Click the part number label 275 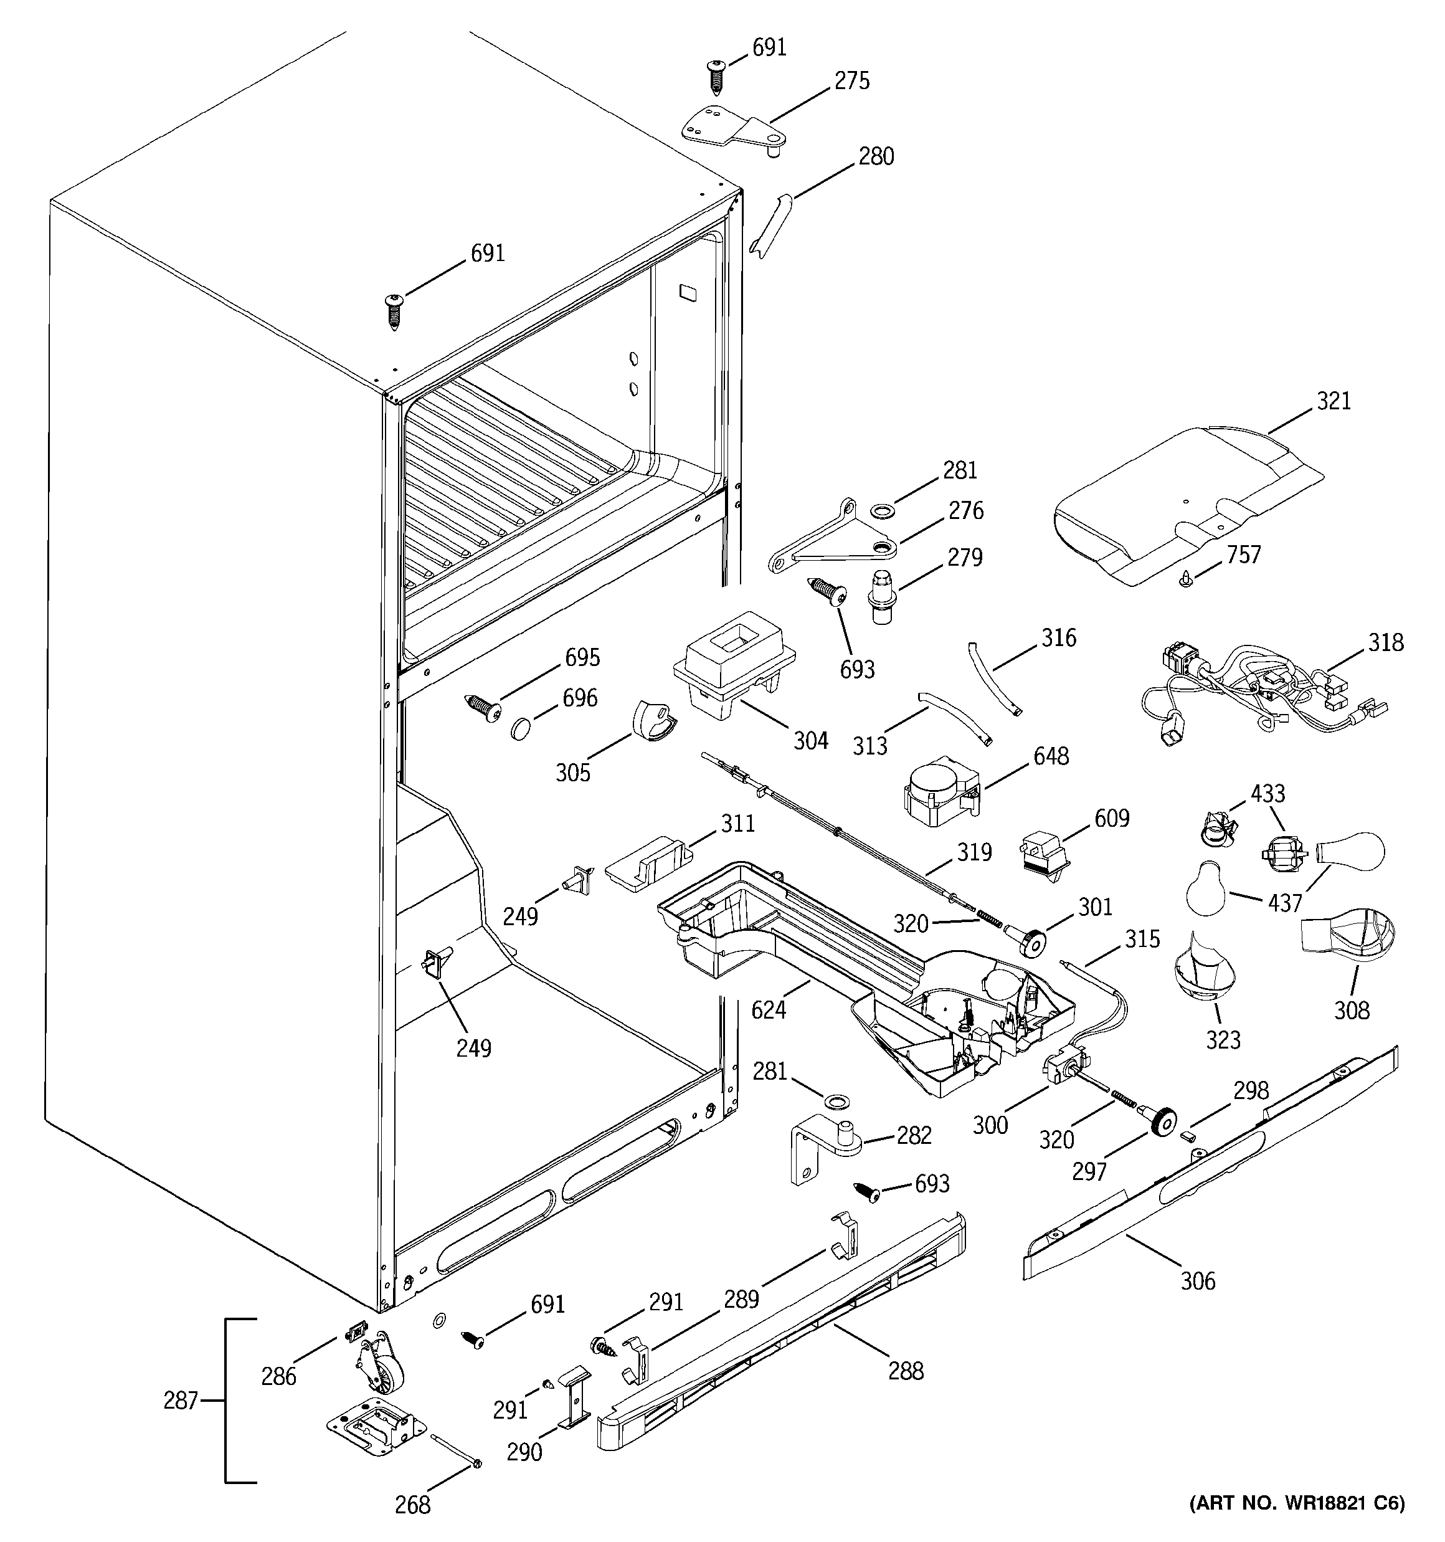coord(851,80)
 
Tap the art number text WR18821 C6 coord(1297,1503)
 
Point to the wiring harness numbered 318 coord(1256,687)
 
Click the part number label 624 coord(768,1009)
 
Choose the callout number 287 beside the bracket coord(181,1400)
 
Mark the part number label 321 coord(1334,401)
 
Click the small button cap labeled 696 coord(521,728)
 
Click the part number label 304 coord(810,741)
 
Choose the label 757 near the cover coord(1243,554)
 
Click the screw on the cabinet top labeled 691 coord(395,310)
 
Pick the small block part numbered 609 coord(1045,855)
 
